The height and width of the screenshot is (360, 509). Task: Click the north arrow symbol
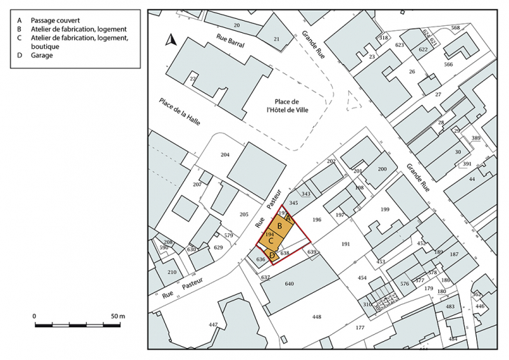click(x=169, y=40)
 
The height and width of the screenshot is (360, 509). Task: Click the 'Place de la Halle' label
click(x=180, y=111)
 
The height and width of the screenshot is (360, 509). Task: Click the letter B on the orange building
click(x=280, y=226)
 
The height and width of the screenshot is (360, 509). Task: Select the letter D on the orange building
click(x=273, y=254)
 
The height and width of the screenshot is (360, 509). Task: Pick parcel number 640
click(x=289, y=284)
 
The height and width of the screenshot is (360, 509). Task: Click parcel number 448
click(x=317, y=317)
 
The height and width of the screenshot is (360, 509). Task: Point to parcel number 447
click(x=213, y=324)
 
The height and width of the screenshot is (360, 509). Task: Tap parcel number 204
click(x=225, y=154)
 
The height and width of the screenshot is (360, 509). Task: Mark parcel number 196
click(x=316, y=219)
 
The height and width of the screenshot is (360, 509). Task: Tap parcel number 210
click(x=172, y=272)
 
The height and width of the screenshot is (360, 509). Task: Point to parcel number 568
click(x=456, y=28)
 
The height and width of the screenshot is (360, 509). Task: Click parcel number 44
click(x=472, y=180)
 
